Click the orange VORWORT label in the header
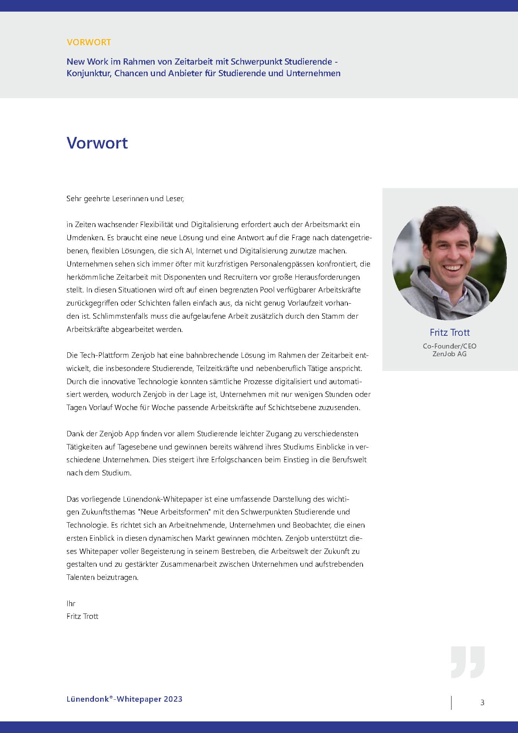pyautogui.click(x=89, y=42)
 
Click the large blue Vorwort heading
pyautogui.click(x=97, y=143)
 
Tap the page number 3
pyautogui.click(x=482, y=702)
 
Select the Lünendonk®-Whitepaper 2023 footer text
pyautogui.click(x=124, y=699)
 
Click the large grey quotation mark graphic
pyautogui.click(x=467, y=661)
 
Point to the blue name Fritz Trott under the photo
pyautogui.click(x=450, y=332)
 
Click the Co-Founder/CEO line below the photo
pyautogui.click(x=450, y=346)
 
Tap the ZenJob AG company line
pyautogui.click(x=450, y=354)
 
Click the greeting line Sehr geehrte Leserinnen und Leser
pyautogui.click(x=125, y=199)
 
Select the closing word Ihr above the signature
pyautogui.click(x=71, y=603)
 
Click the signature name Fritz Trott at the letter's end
pyautogui.click(x=82, y=617)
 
